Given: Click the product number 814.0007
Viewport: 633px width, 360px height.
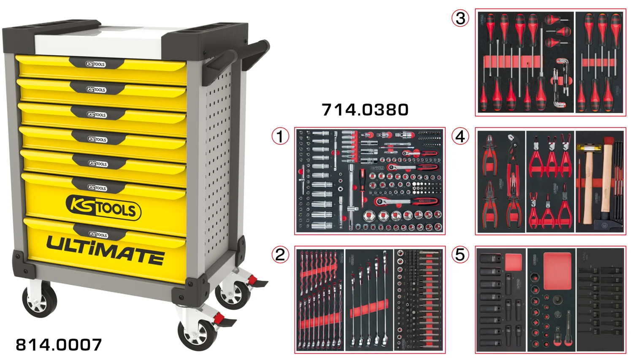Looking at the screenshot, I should point(59,345).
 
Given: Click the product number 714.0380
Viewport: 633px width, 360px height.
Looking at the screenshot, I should point(365,110).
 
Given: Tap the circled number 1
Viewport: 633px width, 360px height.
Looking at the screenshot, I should point(280,136).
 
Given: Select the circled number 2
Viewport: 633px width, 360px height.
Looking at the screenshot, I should point(280,254).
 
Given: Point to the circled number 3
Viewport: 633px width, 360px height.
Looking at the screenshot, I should point(460,18).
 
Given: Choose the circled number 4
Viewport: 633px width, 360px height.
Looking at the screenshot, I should point(460,136).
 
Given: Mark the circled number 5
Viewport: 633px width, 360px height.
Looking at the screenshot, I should point(460,254).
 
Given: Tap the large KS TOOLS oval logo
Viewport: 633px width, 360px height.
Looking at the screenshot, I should point(103,207).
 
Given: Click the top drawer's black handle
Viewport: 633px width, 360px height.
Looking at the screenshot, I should point(96,64).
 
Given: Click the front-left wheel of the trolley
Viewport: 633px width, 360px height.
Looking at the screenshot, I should point(40,300).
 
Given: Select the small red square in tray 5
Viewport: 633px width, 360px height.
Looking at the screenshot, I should point(513,262).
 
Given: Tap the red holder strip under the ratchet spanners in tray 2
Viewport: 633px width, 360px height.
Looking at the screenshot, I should point(369,309).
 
